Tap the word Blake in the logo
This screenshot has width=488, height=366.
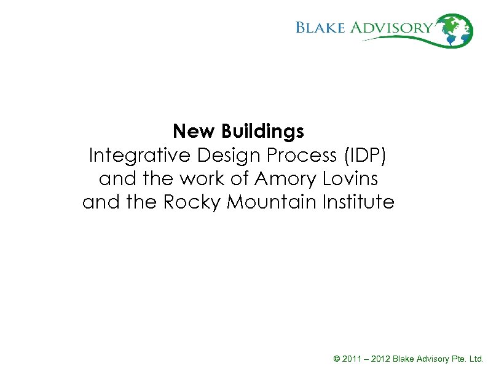coord(323,28)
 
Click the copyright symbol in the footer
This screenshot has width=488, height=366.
coord(336,358)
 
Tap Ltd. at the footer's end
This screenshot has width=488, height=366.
coord(476,358)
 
